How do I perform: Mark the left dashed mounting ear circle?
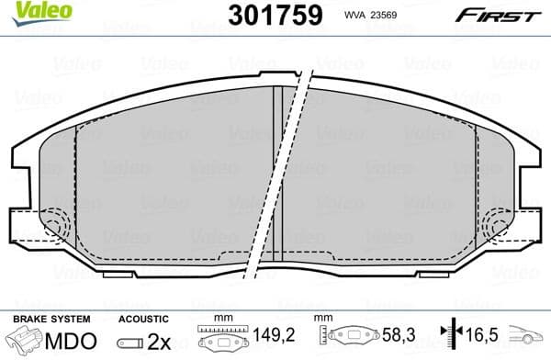tap(52, 225)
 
